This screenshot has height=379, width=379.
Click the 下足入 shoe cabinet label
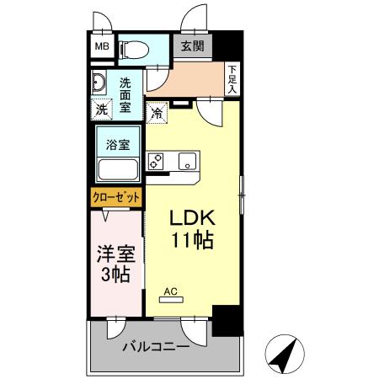232,79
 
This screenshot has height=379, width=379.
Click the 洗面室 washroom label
125,93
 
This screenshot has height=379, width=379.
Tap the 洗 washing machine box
101,109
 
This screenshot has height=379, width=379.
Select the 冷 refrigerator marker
157,111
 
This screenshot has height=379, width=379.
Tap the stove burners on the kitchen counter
157,162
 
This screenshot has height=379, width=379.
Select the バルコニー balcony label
152,346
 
